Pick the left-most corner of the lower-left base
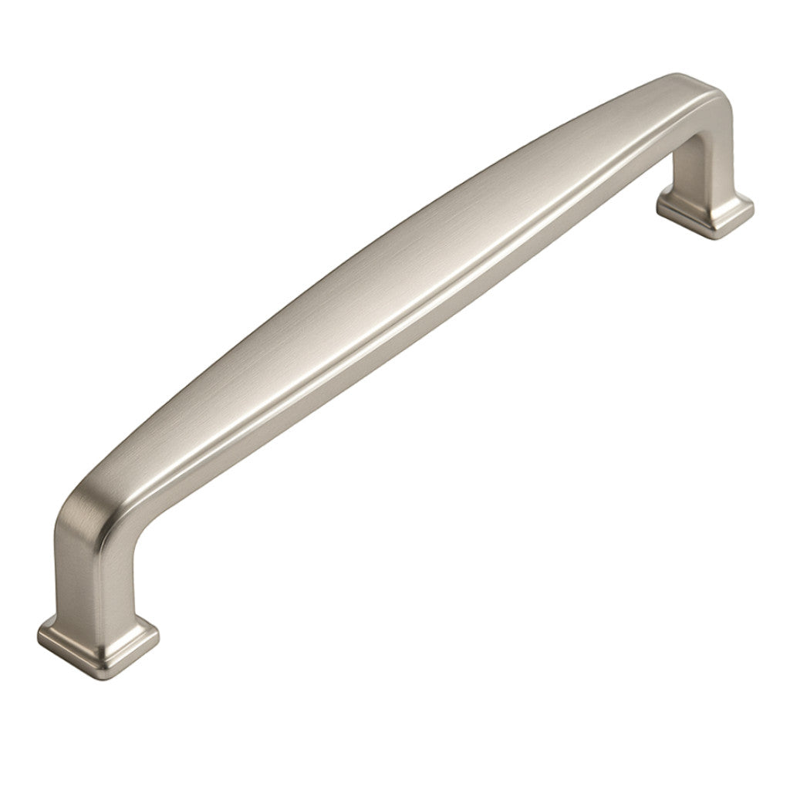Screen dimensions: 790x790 tap(39, 634)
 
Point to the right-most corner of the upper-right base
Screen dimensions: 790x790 tap(754, 202)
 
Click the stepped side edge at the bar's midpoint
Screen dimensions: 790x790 tap(432, 309)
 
